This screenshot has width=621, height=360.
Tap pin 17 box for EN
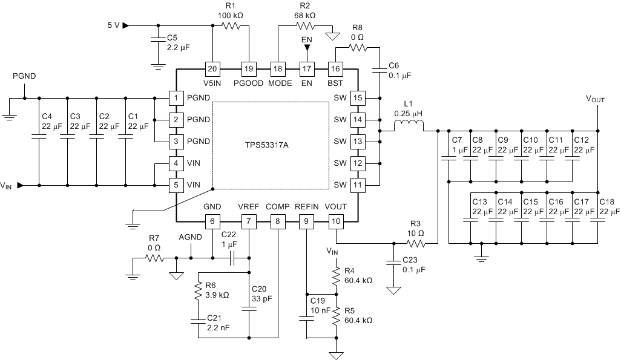click(x=307, y=68)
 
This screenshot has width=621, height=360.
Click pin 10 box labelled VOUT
click(x=336, y=222)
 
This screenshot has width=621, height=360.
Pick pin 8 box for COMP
click(x=277, y=222)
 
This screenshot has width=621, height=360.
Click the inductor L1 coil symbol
click(x=409, y=126)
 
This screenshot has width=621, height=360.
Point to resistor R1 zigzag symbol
click(x=231, y=26)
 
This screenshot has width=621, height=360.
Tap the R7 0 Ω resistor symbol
click(x=154, y=258)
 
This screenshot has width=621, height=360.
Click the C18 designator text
click(x=606, y=201)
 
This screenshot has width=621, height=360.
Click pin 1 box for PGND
click(x=176, y=97)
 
